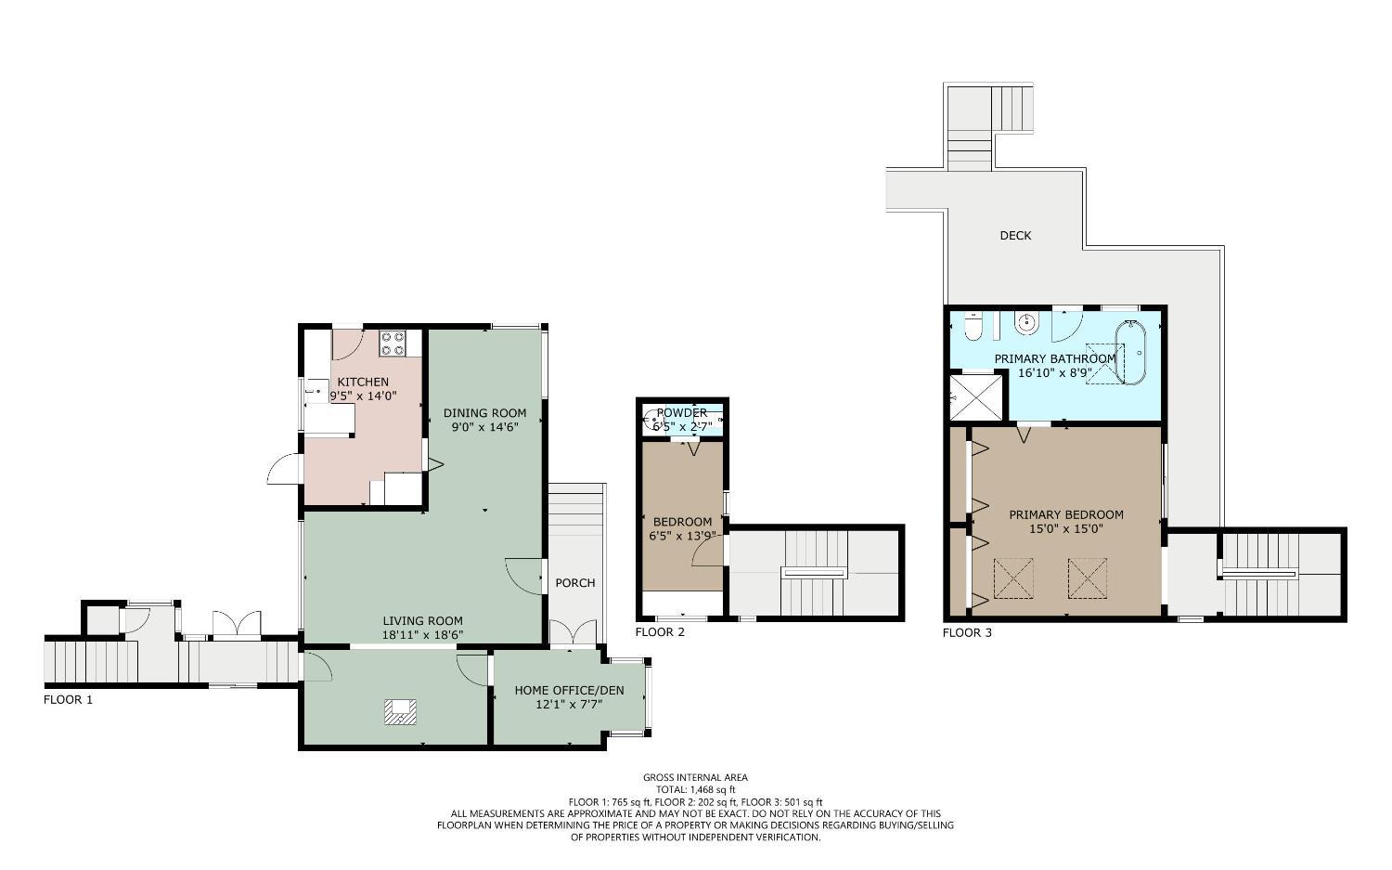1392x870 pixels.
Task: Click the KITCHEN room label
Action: click(x=363, y=382)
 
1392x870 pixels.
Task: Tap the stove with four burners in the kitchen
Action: click(x=393, y=344)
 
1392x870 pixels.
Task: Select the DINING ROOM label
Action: click(x=484, y=413)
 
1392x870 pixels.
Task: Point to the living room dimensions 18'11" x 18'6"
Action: click(x=423, y=635)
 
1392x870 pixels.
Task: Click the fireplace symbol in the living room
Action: click(x=400, y=712)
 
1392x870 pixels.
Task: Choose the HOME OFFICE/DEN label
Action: click(x=569, y=690)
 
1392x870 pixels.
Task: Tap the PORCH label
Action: click(x=574, y=583)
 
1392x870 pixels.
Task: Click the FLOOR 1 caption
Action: click(x=68, y=700)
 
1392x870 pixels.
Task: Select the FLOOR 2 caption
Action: click(x=660, y=632)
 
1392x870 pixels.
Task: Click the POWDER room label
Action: click(x=682, y=413)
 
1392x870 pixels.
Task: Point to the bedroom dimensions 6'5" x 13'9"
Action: click(x=682, y=536)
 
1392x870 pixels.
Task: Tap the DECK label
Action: click(x=1015, y=236)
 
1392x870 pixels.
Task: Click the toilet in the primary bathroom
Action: click(x=972, y=327)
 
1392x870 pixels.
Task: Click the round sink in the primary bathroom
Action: click(x=1026, y=324)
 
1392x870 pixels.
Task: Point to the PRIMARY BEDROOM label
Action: click(x=1066, y=514)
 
